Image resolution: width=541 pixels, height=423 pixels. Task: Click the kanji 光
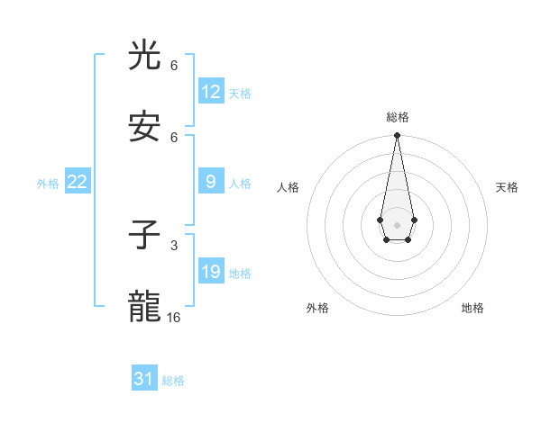(145, 56)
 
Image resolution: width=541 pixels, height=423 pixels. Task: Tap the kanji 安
(145, 127)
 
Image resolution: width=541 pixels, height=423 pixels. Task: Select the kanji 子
(145, 236)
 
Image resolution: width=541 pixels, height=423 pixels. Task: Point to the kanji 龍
(145, 307)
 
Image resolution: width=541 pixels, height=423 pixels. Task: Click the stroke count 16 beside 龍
(174, 317)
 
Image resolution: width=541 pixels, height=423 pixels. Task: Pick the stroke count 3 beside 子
(174, 245)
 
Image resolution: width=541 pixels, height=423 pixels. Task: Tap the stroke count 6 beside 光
(174, 66)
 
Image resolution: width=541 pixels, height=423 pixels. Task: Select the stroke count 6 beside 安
(174, 137)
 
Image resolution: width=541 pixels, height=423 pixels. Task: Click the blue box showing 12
(211, 92)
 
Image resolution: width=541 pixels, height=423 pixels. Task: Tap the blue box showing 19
(211, 272)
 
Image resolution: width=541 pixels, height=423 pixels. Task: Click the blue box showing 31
(144, 379)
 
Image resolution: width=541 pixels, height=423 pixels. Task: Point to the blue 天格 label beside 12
(240, 94)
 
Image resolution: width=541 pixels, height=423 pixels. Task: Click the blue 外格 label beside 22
(48, 184)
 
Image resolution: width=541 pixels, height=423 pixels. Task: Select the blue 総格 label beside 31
(173, 381)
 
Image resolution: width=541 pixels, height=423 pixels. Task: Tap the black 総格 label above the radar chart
(398, 117)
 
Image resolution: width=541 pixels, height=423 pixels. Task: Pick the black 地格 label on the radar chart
(472, 308)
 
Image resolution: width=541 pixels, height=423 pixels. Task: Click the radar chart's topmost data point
(397, 136)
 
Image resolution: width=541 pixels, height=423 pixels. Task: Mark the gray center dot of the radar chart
(397, 224)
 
